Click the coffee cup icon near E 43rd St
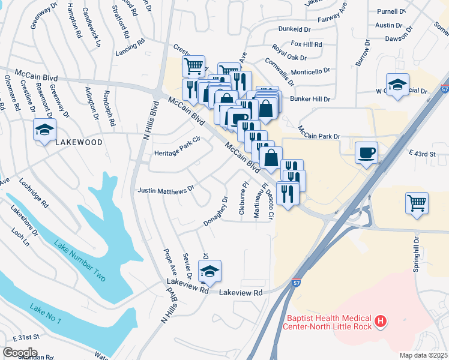pyautogui.click(x=366, y=152)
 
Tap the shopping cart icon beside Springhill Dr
pyautogui.click(x=417, y=203)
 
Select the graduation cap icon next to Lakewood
pyautogui.click(x=44, y=130)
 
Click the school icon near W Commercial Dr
pyautogui.click(x=397, y=85)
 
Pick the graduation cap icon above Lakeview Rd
pyautogui.click(x=209, y=271)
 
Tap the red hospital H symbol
pyautogui.click(x=380, y=322)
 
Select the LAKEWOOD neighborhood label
pyautogui.click(x=79, y=143)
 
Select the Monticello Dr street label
pyautogui.click(x=310, y=70)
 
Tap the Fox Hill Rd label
pyautogui.click(x=306, y=44)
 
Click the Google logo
pyautogui.click(x=20, y=352)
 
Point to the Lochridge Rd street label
pyautogui.click(x=34, y=192)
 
